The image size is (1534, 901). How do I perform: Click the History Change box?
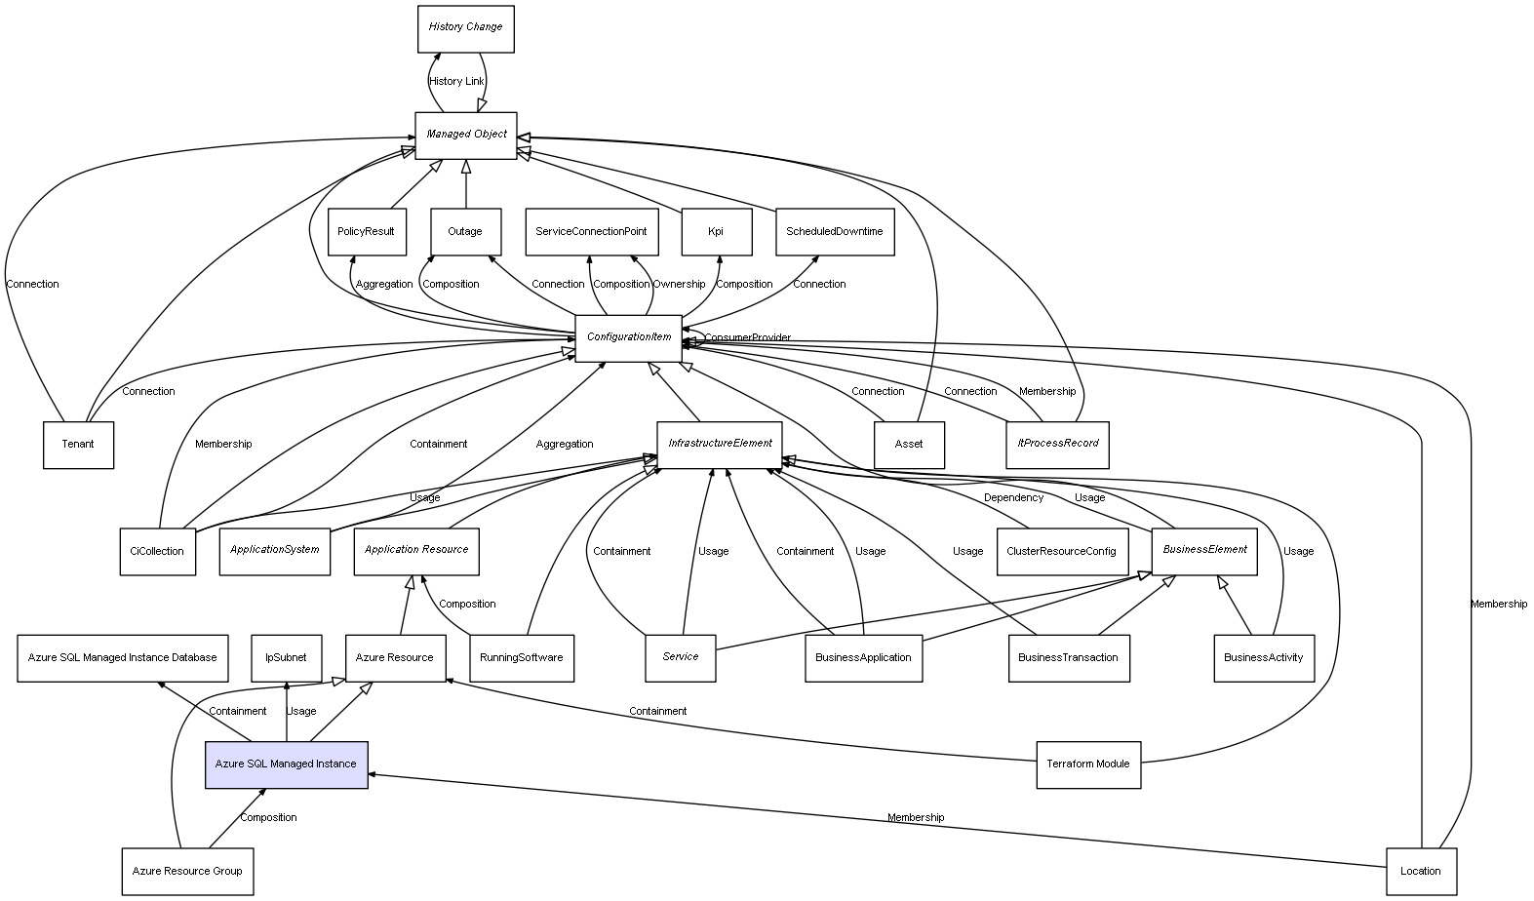pos(465,28)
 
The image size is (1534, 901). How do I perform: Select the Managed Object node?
pos(465,135)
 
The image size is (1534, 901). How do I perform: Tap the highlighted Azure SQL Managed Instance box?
pos(286,764)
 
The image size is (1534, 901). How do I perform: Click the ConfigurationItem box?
pos(628,337)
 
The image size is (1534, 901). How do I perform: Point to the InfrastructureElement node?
pos(720,444)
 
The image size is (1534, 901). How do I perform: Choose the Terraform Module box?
pos(1087,764)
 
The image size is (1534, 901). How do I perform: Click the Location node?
pos(1420,871)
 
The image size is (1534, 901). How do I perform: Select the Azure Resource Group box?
pos(187,871)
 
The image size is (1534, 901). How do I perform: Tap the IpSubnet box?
pos(286,657)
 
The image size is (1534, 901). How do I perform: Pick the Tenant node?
pos(78,445)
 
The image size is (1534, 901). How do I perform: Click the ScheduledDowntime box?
pos(834,231)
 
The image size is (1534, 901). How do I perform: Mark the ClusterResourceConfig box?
pos(1061,551)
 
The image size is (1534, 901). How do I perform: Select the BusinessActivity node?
pos(1263,657)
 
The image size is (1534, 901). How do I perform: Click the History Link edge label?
pos(456,81)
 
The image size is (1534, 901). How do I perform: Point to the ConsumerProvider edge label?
pos(747,337)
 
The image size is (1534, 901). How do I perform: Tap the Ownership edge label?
pos(679,284)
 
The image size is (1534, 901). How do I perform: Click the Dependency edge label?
pos(1013,497)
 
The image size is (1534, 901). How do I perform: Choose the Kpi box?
pos(716,231)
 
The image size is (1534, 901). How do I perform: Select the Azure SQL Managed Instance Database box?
pos(123,657)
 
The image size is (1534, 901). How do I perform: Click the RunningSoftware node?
pos(521,657)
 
